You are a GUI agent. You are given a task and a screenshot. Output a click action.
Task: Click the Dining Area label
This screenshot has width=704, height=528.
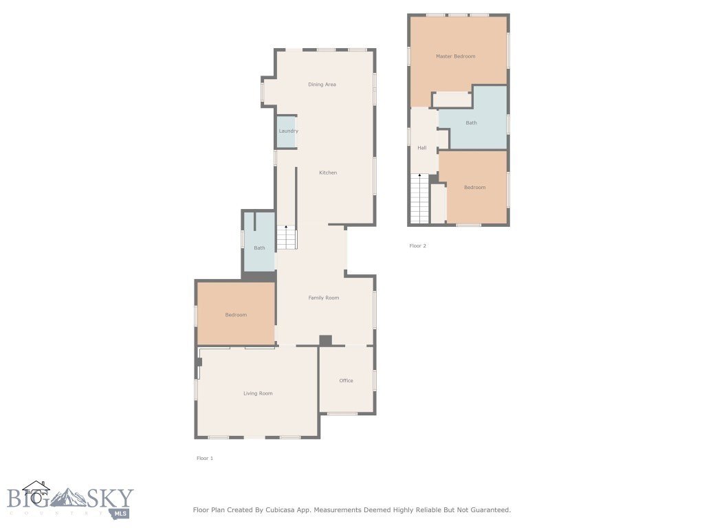(322, 85)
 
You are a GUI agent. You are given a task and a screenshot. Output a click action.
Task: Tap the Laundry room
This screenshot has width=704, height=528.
(288, 131)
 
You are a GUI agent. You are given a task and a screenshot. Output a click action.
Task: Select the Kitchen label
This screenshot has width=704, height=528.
(328, 173)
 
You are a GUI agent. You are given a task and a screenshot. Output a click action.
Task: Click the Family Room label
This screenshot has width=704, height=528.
(323, 298)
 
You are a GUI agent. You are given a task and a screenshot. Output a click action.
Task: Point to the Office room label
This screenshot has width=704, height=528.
(346, 380)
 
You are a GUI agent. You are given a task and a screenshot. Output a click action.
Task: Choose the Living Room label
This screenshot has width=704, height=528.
(258, 393)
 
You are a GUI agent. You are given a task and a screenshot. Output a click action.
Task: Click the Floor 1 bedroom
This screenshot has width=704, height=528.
(236, 315)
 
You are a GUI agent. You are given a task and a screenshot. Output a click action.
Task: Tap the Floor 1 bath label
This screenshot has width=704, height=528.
(259, 248)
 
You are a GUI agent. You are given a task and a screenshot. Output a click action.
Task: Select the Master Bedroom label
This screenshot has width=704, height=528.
(455, 56)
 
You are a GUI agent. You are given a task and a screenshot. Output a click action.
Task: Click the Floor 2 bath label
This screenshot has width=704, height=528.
(471, 123)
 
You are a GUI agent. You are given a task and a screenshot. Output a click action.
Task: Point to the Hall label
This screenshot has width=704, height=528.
(421, 148)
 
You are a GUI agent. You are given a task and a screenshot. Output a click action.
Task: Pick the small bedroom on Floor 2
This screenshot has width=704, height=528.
(474, 187)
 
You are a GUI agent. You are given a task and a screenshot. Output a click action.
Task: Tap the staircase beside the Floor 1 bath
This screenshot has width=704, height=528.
(287, 238)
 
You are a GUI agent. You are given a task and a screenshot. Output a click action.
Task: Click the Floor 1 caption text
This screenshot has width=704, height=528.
(205, 458)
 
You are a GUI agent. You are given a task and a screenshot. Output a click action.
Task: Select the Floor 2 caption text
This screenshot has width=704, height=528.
(418, 245)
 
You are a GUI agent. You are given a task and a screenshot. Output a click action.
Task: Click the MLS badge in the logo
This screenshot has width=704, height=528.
(121, 513)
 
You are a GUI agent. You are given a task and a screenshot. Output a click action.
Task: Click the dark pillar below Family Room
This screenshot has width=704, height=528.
(325, 340)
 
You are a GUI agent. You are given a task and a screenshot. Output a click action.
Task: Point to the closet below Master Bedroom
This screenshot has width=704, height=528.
(452, 100)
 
